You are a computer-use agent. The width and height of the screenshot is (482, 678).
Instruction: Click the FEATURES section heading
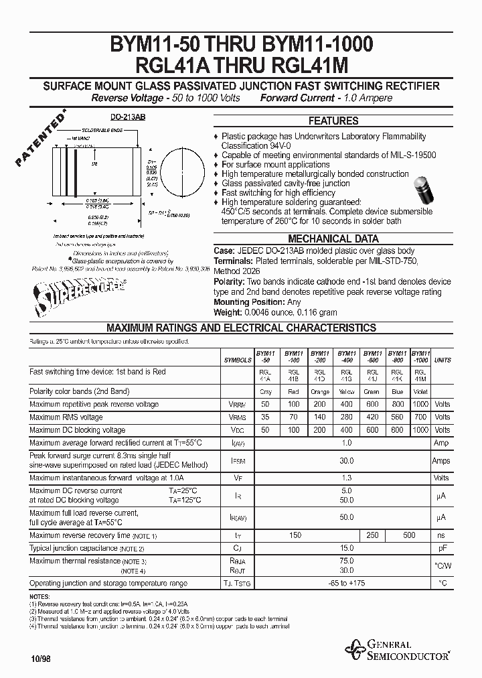(x=333, y=121)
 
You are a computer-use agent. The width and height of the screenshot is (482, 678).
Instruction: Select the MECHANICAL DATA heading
(x=333, y=239)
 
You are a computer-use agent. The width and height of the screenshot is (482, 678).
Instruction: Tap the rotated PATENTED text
(x=40, y=140)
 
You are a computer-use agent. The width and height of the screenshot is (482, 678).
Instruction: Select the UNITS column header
(x=442, y=360)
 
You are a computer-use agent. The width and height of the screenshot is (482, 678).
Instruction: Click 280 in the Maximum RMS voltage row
(x=346, y=417)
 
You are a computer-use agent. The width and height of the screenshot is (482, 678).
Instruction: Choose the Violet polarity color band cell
(x=420, y=391)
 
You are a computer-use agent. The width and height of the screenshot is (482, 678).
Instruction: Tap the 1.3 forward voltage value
(x=347, y=478)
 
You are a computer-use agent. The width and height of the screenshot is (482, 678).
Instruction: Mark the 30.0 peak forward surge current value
(x=347, y=460)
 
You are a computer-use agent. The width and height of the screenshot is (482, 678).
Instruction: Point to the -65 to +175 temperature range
(x=347, y=584)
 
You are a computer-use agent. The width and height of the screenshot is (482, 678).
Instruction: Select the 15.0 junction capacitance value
(x=347, y=547)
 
